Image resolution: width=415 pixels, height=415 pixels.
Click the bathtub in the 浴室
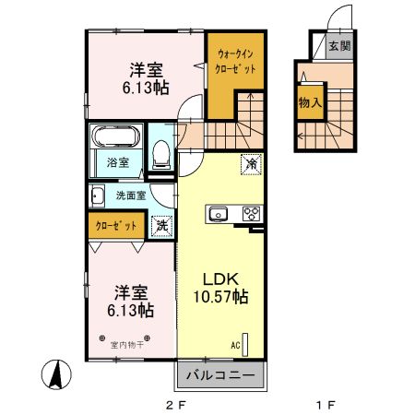(115, 139)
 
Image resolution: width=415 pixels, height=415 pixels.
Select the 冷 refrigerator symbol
(250, 163)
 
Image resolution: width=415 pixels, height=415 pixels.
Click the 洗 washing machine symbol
(161, 224)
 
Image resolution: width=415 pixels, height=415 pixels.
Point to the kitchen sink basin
(219, 214)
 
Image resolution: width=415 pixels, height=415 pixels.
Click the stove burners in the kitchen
(250, 214)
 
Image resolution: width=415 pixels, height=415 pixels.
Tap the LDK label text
(221, 279)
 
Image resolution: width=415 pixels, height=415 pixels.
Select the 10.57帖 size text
(221, 298)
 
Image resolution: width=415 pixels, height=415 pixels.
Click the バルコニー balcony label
(221, 376)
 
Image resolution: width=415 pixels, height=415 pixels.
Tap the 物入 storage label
(309, 104)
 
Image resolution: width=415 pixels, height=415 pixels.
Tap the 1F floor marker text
(324, 404)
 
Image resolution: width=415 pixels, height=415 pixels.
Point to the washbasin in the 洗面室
(97, 196)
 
